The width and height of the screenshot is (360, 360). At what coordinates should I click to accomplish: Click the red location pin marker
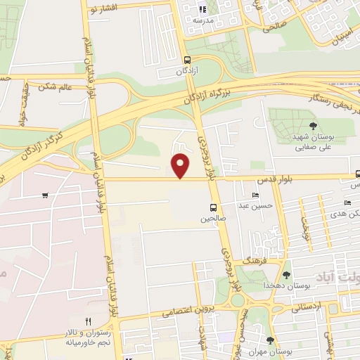[x=181, y=165]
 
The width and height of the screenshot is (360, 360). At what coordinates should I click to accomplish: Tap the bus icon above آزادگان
[x=186, y=60]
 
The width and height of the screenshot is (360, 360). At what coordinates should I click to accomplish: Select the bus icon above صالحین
[x=212, y=207]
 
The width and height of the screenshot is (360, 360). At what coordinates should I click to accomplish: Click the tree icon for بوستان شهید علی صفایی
[x=313, y=126]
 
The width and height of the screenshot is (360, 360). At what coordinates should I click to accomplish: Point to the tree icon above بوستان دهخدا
[x=286, y=275]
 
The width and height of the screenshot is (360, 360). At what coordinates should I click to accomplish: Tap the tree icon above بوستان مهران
[x=270, y=340]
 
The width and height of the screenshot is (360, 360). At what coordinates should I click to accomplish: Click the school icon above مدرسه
[x=203, y=10]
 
